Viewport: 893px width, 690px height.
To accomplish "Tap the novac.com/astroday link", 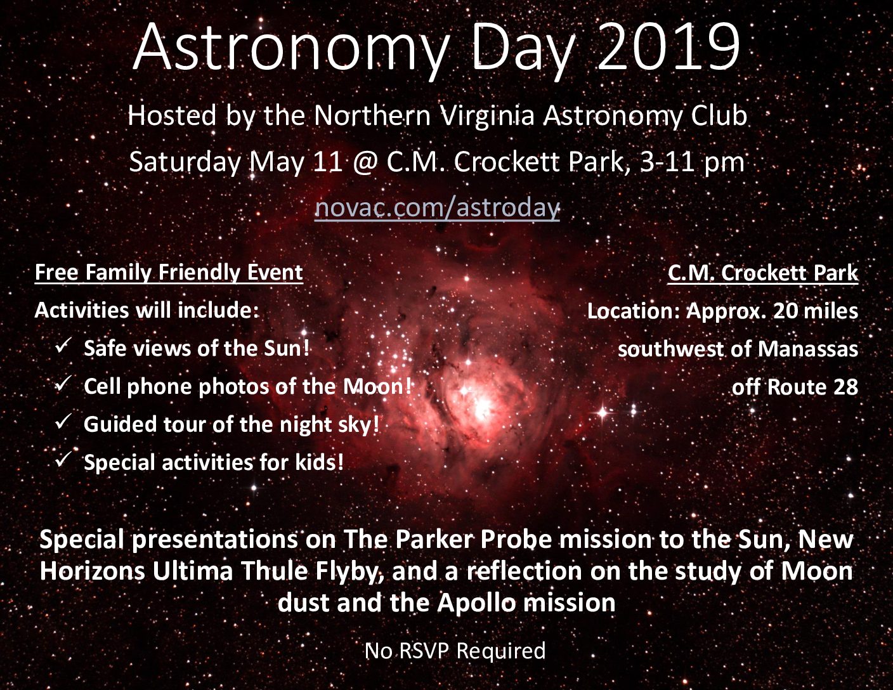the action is point(437,207).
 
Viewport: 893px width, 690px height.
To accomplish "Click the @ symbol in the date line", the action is point(364,162).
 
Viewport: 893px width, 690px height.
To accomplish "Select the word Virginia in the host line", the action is point(487,116).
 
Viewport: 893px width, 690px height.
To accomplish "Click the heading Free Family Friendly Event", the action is point(169,273).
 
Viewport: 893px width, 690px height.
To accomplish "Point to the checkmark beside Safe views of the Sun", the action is point(63,346).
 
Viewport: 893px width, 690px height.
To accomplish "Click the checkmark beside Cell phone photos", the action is point(63,384).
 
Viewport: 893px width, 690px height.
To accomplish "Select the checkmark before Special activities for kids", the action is point(63,459).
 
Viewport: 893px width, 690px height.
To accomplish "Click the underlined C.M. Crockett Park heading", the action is point(763,273).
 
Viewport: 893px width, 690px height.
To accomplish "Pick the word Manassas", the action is point(808,349).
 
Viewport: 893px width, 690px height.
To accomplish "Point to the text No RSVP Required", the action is point(455,651).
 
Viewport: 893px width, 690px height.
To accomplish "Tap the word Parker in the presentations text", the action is point(433,540).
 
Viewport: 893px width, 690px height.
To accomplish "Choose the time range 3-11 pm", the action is point(693,162).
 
